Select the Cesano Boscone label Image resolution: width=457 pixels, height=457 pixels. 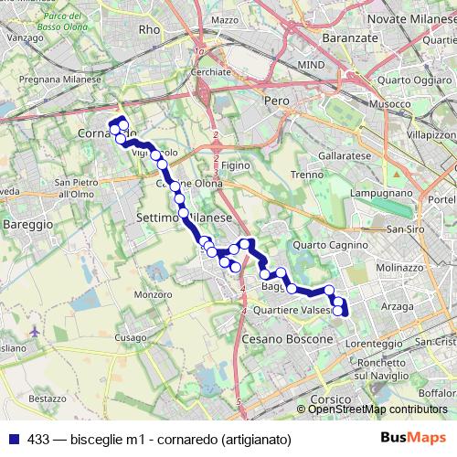tap(288, 339)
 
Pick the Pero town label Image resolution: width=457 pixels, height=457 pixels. tap(276, 100)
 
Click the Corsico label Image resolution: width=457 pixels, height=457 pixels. tap(330, 399)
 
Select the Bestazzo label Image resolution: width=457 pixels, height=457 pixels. tap(48, 399)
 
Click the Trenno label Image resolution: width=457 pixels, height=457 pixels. tap(306, 175)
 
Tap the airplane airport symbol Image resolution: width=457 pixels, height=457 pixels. tap(35, 330)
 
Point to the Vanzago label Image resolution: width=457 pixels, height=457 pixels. tap(26, 39)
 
